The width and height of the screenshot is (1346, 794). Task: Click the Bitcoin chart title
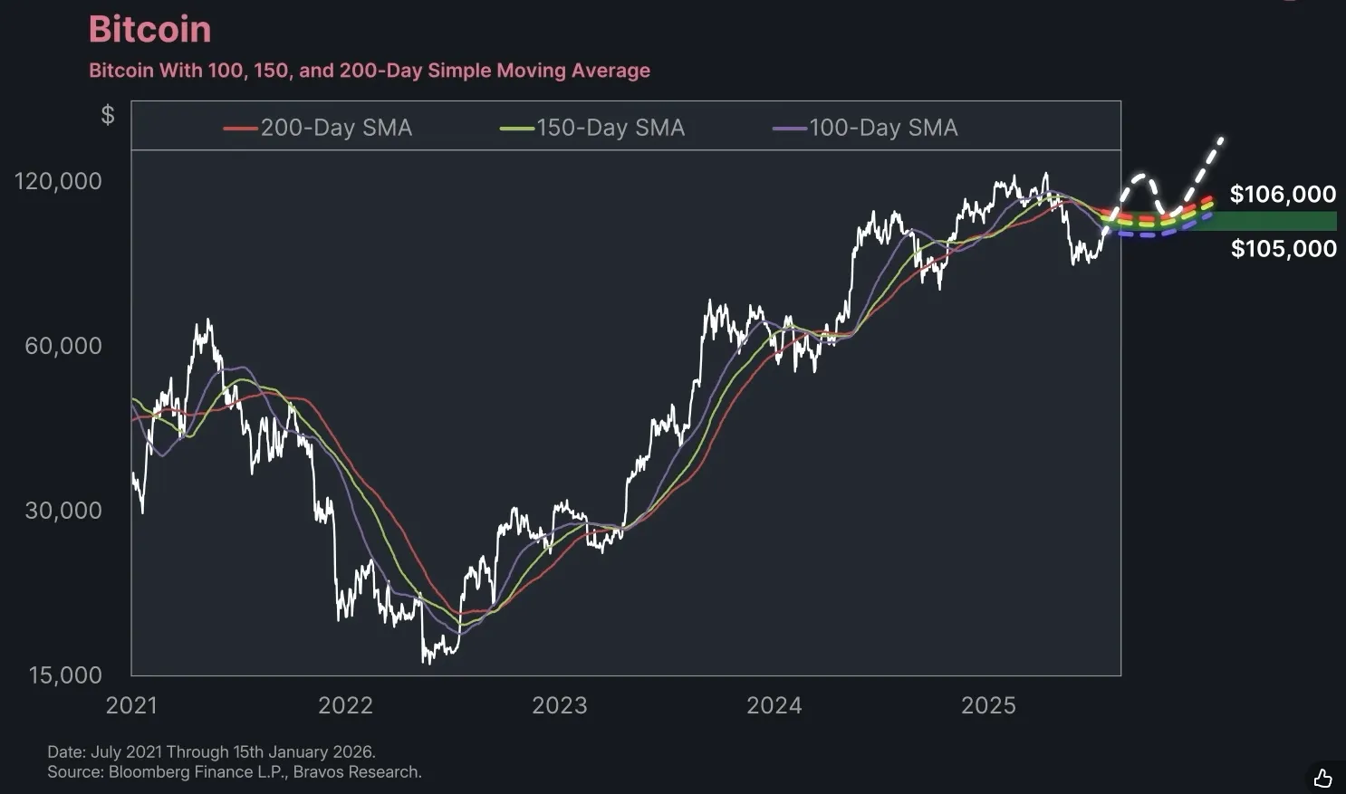click(x=150, y=30)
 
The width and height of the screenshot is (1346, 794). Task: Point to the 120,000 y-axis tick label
click(x=58, y=181)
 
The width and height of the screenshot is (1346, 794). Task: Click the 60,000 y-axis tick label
click(x=63, y=346)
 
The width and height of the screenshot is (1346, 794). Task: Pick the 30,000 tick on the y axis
click(x=63, y=511)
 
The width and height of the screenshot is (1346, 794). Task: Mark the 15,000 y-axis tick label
click(x=65, y=675)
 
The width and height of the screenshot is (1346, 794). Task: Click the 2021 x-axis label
click(x=131, y=706)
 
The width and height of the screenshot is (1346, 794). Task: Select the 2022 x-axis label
click(x=345, y=706)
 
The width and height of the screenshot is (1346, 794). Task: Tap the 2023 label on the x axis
click(x=559, y=706)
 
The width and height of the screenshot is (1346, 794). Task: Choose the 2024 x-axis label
click(x=774, y=706)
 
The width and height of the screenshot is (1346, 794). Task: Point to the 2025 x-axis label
click(x=988, y=706)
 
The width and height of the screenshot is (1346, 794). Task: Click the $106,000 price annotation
click(x=1283, y=195)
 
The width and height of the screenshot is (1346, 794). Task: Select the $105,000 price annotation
click(x=1284, y=249)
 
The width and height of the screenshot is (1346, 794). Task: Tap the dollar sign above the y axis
click(x=108, y=115)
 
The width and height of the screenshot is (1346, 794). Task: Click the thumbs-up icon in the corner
click(x=1322, y=778)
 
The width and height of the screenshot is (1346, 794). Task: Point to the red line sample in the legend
click(x=240, y=129)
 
